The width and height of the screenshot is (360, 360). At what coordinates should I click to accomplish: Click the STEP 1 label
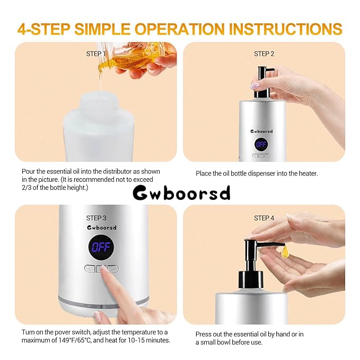click(x=96, y=54)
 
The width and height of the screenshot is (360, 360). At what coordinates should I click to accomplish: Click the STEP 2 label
click(x=264, y=54)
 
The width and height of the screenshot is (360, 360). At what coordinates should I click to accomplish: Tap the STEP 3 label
click(x=96, y=218)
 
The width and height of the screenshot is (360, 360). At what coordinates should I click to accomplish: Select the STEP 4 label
click(x=264, y=218)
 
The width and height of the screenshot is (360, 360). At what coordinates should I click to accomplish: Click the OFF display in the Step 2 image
click(x=261, y=144)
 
